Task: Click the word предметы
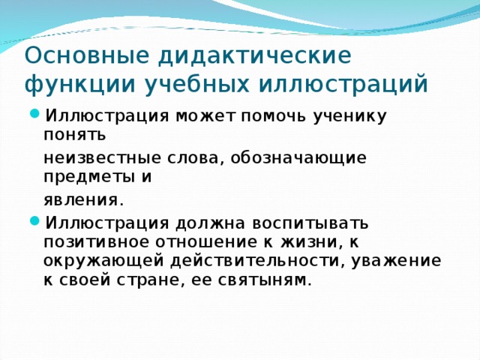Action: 91,178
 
